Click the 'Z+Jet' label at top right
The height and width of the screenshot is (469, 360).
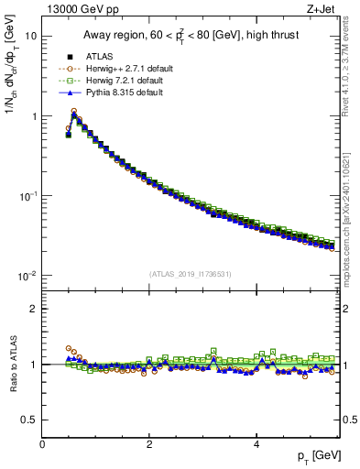322,9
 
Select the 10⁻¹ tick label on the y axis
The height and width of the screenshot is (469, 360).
27,196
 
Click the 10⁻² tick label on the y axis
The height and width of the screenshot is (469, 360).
27,276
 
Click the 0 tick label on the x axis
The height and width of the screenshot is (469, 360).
42,443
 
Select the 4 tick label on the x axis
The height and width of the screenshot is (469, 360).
256,443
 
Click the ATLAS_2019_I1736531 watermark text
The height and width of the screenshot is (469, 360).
190,274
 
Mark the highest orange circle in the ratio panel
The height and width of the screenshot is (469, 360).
69,348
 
